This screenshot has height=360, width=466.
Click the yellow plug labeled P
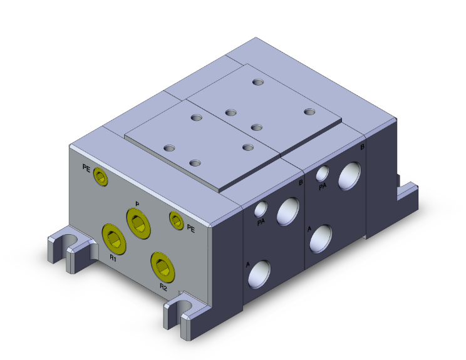(x=138, y=223)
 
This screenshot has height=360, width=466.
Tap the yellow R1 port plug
(x=114, y=238)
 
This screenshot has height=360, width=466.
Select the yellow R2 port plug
(x=162, y=266)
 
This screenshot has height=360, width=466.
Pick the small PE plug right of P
(x=176, y=219)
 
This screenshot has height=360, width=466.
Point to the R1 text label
(x=113, y=257)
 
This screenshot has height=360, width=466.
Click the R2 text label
(x=163, y=287)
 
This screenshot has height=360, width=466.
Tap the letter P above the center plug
(x=137, y=204)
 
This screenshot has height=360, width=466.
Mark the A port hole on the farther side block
(x=321, y=237)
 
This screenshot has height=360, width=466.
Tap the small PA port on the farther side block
(x=322, y=173)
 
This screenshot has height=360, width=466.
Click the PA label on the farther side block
(x=323, y=186)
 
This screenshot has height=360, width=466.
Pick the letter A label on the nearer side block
(x=248, y=265)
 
